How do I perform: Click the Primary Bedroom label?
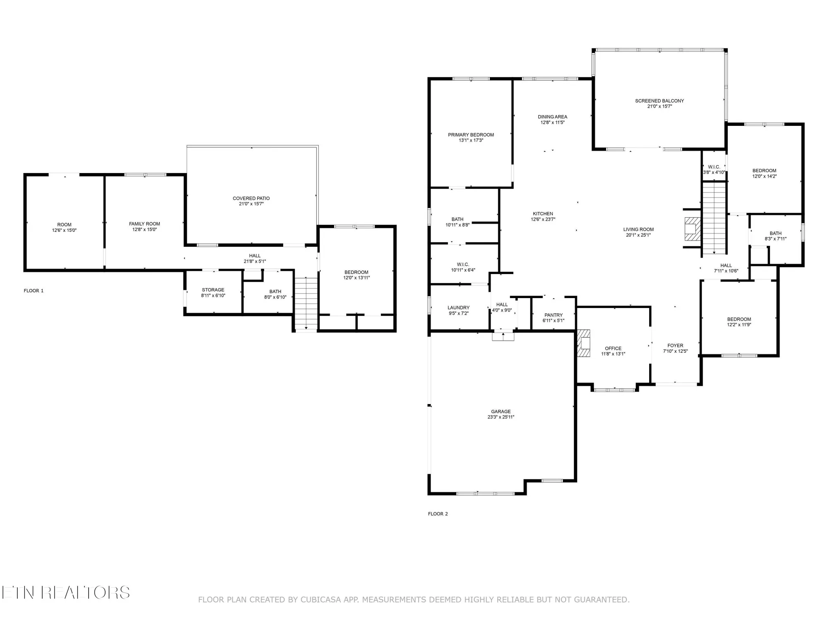471,135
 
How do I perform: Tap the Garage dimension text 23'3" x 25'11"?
501,417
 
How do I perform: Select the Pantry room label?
554,315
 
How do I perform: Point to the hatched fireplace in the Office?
584,343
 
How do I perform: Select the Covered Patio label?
251,198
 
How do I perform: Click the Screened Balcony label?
660,101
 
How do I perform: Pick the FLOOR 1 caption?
34,291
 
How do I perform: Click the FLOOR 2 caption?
438,514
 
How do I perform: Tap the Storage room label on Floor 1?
213,290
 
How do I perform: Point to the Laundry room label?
458,308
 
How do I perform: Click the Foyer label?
675,345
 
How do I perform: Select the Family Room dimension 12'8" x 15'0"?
144,229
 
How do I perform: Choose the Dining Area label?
552,117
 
